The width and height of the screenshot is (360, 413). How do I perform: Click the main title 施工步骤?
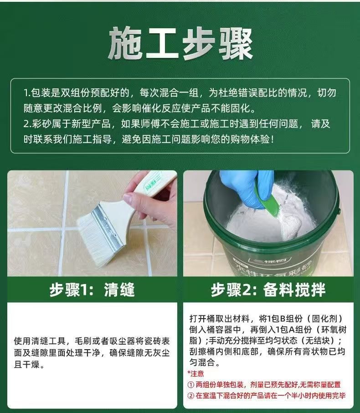coord(180,43)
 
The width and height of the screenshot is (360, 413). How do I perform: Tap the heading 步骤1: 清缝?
coord(92,290)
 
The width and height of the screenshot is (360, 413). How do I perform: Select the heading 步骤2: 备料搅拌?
coord(268,290)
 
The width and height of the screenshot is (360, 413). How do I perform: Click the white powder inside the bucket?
coord(266,221)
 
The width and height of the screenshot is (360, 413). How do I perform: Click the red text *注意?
coord(195,373)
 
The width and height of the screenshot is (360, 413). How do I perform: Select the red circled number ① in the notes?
coord(191,385)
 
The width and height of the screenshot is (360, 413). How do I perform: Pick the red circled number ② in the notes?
coord(191,396)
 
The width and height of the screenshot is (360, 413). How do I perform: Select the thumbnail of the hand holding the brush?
coord(92,223)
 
